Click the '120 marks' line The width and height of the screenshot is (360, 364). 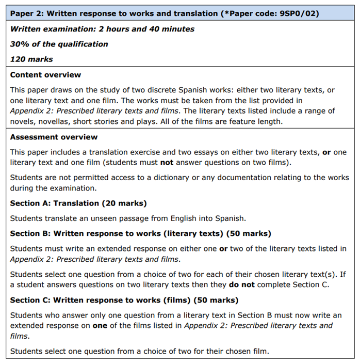point(31,59)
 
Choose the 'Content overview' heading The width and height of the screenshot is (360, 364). point(45,75)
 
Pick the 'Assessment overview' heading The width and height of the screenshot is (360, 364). point(54,137)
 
